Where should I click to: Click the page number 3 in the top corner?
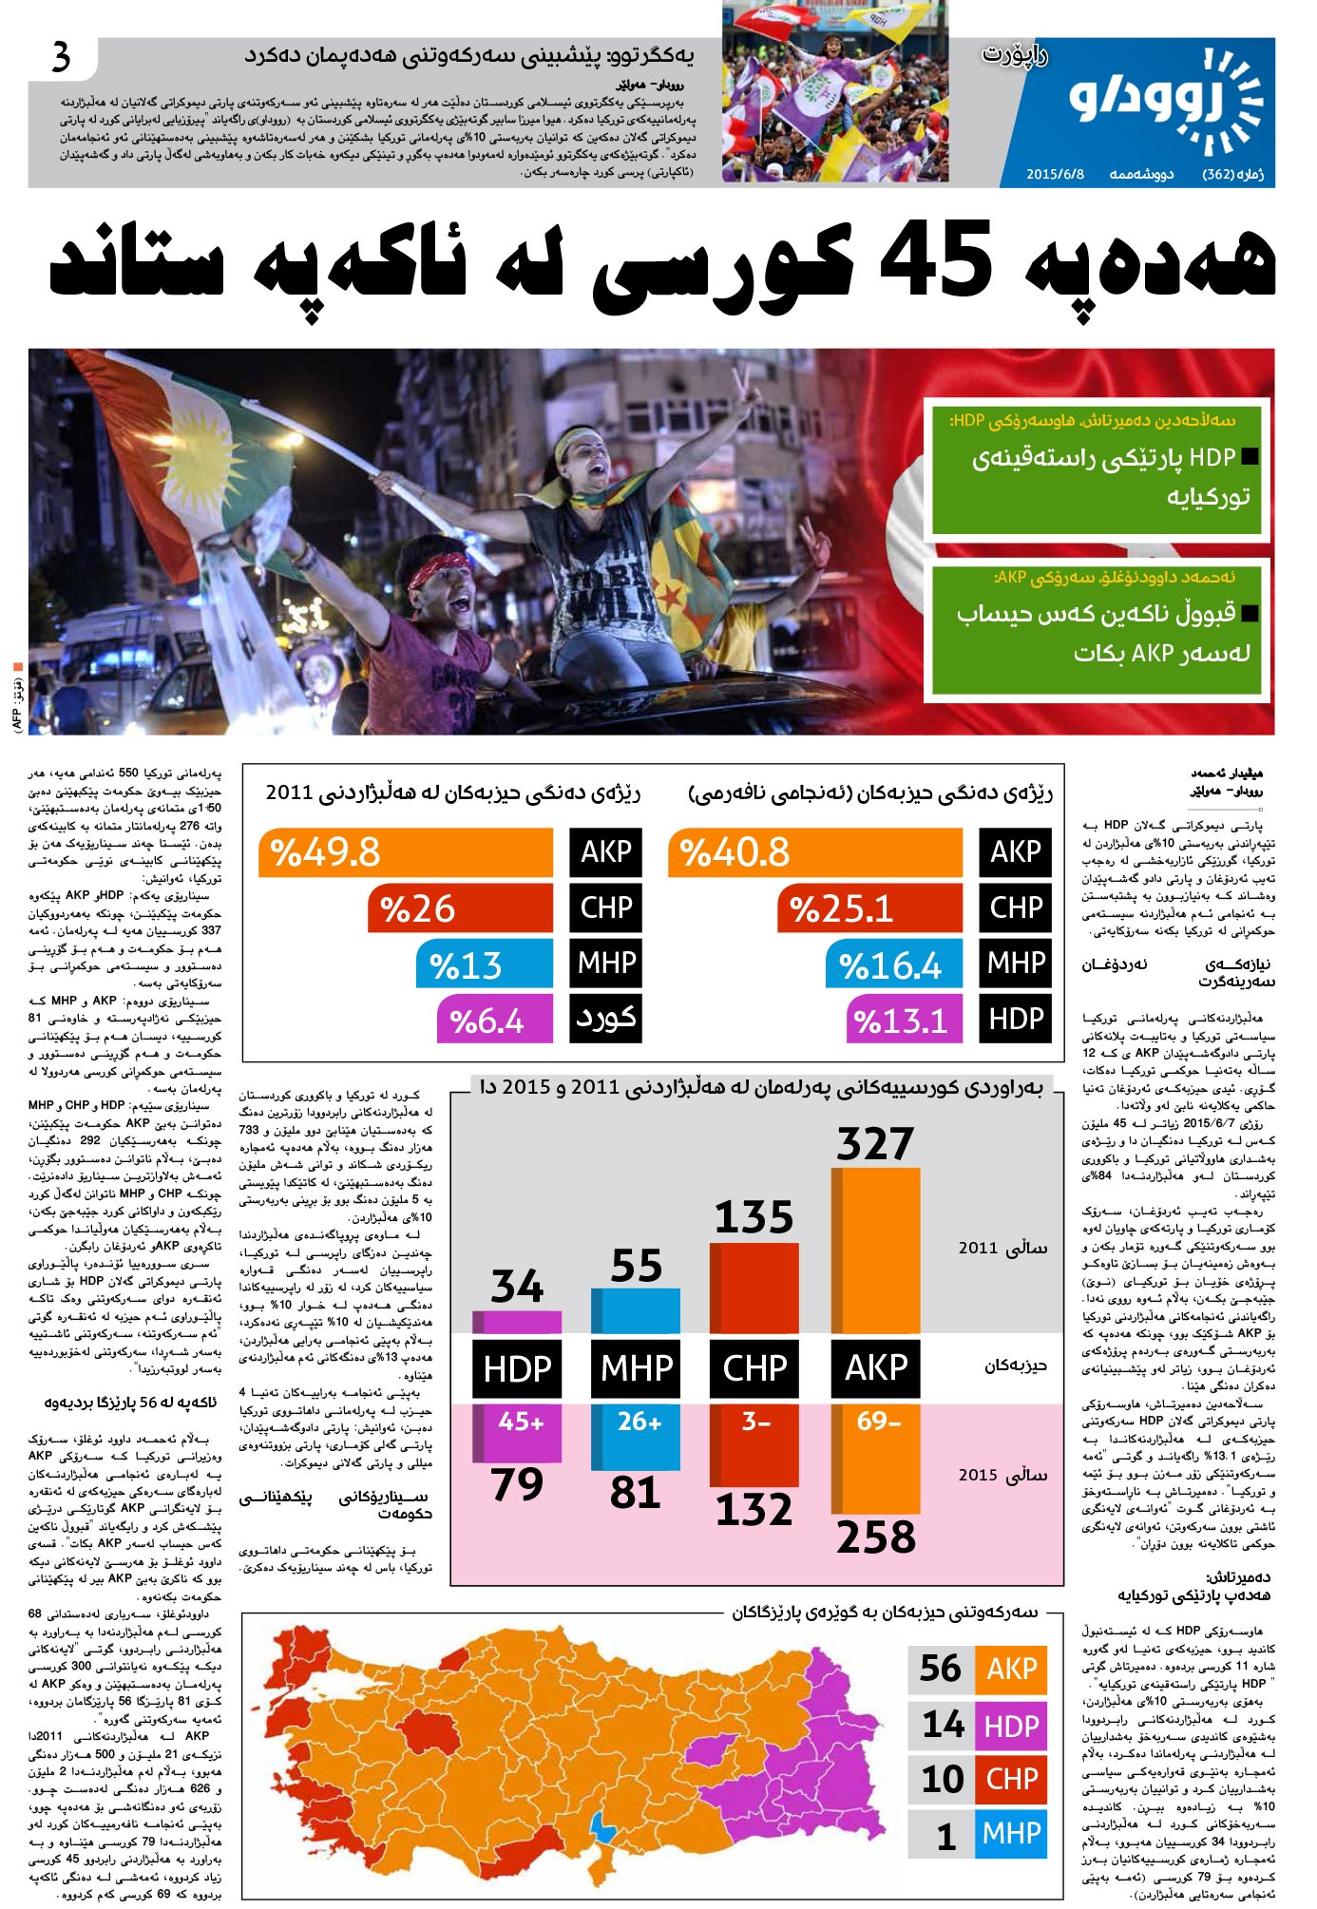click(61, 58)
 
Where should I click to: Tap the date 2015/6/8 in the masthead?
click(1055, 175)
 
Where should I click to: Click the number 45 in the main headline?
click(936, 258)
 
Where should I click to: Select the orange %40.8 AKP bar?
click(815, 851)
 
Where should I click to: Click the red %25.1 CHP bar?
click(869, 908)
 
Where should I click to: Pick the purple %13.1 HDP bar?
click(904, 1021)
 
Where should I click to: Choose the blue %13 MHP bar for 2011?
click(484, 965)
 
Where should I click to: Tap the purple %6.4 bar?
click(494, 1021)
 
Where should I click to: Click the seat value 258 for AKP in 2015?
click(875, 1537)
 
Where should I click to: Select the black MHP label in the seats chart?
click(636, 1368)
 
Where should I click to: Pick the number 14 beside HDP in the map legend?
click(943, 1724)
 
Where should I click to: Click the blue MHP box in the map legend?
click(1011, 1833)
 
